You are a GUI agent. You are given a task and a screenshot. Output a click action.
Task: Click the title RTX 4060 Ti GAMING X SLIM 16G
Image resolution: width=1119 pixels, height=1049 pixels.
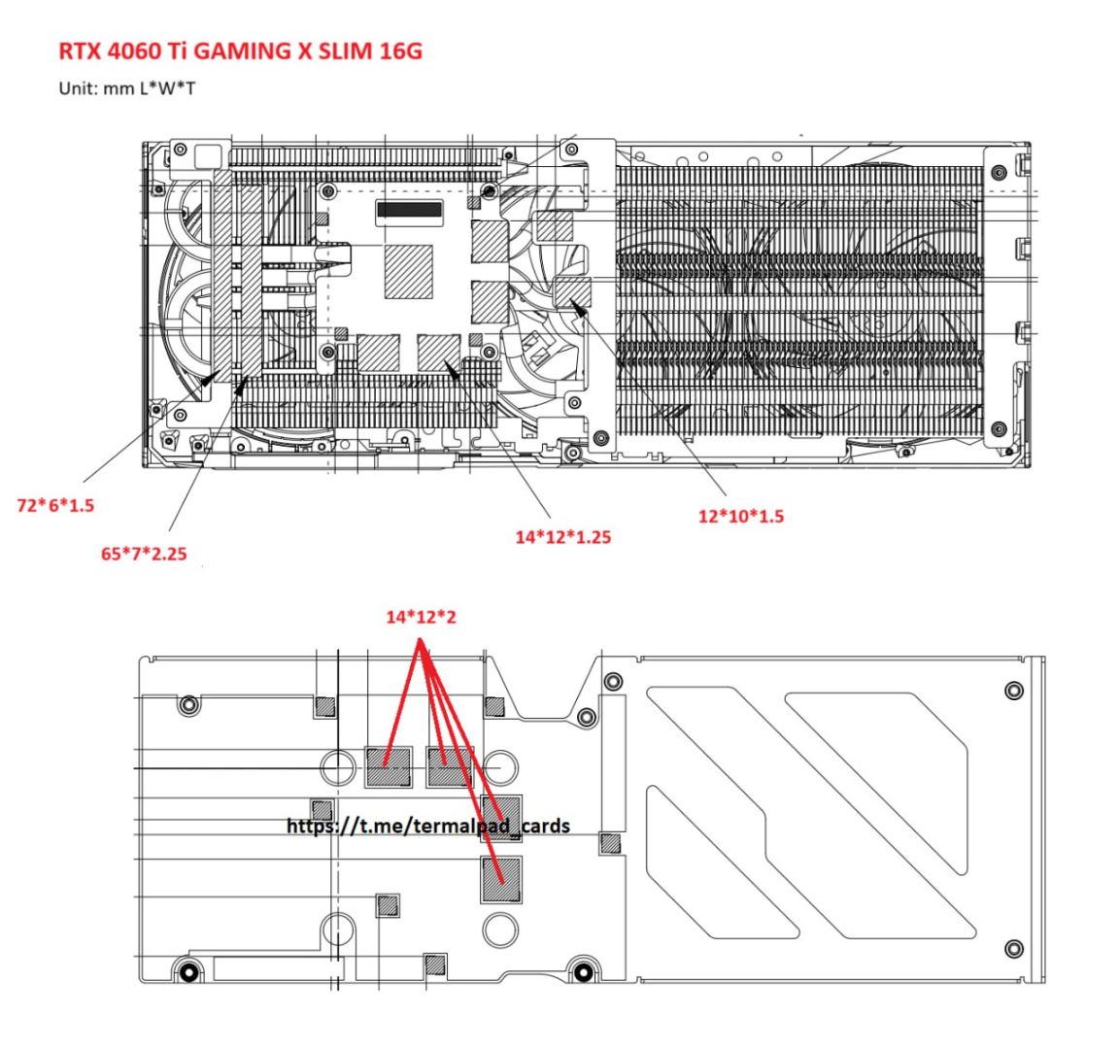tap(240, 51)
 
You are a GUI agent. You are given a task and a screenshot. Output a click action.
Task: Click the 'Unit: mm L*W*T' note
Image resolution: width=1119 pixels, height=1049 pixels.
tap(127, 88)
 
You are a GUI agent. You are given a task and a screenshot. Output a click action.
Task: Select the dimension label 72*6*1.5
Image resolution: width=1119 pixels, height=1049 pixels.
tap(55, 505)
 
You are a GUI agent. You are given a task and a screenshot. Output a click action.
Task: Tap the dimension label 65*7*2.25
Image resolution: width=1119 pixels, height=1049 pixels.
tap(144, 553)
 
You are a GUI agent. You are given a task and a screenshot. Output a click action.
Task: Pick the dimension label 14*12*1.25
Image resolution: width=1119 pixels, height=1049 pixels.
tap(563, 536)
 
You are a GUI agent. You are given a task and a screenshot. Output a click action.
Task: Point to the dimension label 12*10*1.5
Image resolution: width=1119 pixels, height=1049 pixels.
tap(741, 516)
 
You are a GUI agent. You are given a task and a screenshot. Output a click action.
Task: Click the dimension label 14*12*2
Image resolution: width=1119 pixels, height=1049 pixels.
tap(421, 617)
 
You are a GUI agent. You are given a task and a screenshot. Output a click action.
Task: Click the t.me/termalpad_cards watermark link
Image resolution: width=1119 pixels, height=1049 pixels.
tap(428, 826)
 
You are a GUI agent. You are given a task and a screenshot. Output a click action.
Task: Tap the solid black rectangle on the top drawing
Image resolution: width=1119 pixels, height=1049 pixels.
tap(410, 209)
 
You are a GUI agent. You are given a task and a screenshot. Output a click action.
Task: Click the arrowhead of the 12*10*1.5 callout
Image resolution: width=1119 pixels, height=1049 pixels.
tap(578, 309)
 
